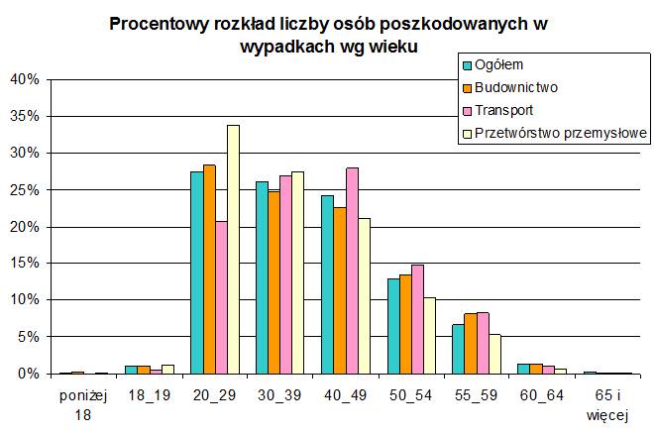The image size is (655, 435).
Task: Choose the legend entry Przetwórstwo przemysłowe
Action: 561,132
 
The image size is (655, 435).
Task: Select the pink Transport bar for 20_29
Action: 221,297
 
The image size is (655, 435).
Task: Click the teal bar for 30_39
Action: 262,277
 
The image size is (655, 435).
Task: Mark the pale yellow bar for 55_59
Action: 494,354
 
